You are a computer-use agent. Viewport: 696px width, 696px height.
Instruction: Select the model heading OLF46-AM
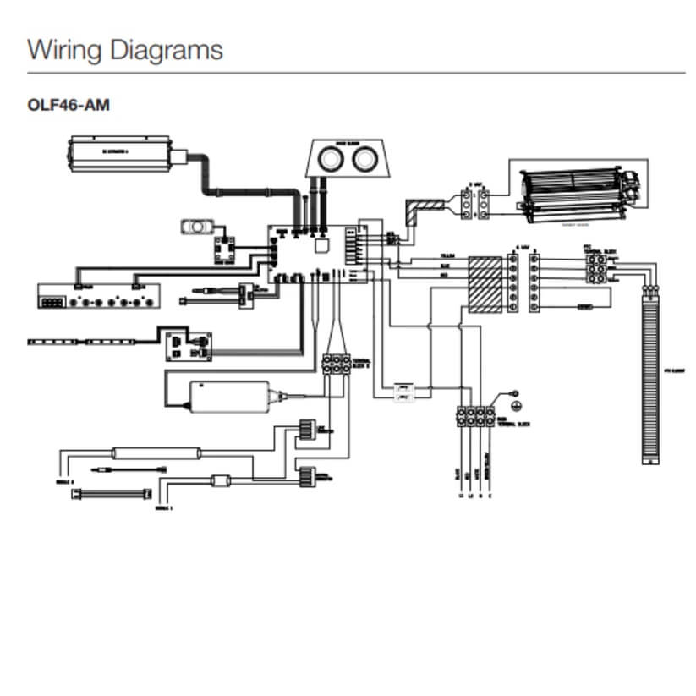(x=69, y=106)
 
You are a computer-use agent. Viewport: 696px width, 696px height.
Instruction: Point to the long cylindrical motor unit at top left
(x=123, y=152)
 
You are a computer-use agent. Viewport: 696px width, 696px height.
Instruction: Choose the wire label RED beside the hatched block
(x=446, y=275)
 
